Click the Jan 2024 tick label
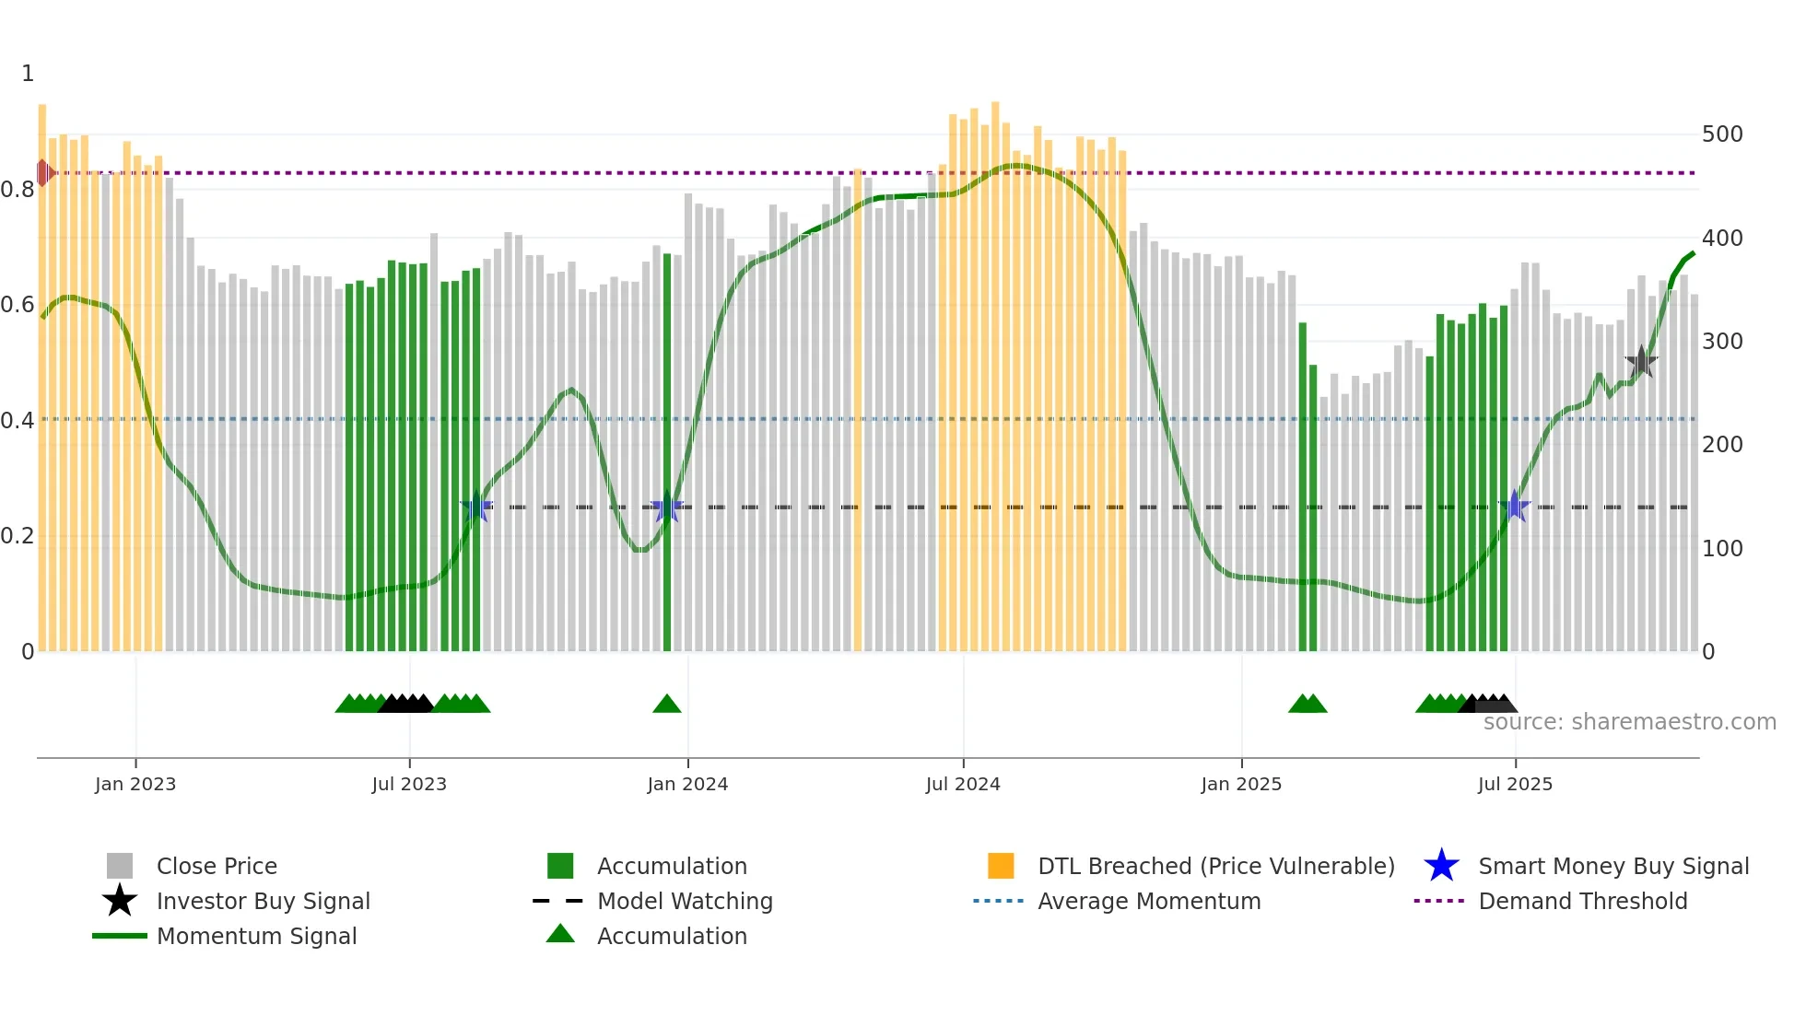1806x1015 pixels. pos(687,784)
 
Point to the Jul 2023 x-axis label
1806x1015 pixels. pos(409,784)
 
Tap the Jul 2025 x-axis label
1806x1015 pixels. pos(1515,784)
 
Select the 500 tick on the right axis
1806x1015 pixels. pos(1721,134)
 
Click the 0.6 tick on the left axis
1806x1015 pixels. pos(18,305)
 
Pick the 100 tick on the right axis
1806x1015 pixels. pos(1721,549)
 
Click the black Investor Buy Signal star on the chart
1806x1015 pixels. pos(1641,362)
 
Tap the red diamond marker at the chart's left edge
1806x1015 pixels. pos(43,172)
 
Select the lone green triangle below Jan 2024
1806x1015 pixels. pos(666,705)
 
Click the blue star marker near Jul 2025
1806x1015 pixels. pos(1514,507)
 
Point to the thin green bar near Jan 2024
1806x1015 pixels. pos(667,451)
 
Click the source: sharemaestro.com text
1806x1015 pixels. pos(1629,722)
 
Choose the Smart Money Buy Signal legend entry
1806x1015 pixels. pos(1612,867)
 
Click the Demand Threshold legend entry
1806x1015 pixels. pos(1582,902)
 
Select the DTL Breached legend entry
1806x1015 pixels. pos(1215,867)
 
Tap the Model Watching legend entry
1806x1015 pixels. pos(684,902)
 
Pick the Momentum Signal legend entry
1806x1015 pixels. pos(256,937)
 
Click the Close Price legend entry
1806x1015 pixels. pos(217,867)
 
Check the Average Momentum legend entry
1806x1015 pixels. pos(1148,902)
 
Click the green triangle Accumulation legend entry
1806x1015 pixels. pos(671,937)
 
